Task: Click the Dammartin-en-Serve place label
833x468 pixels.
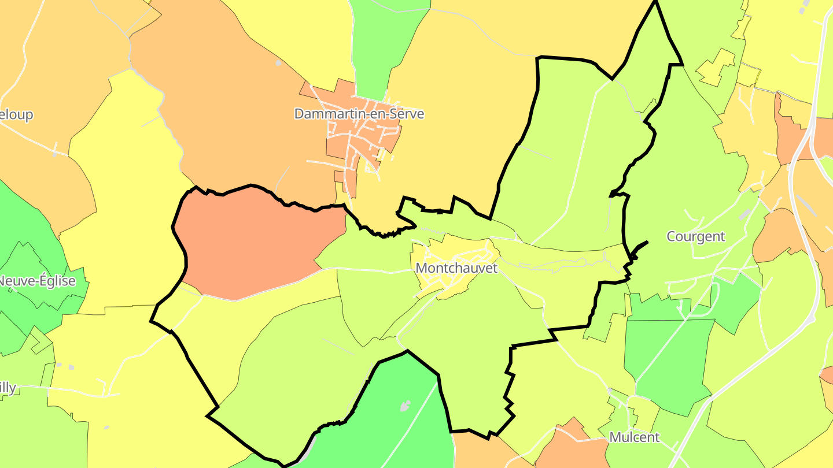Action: coord(359,114)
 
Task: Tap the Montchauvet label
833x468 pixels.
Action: coord(456,268)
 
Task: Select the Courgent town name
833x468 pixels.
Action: coord(695,236)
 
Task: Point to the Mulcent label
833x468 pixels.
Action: coord(634,437)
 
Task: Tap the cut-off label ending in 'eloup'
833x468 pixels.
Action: coord(16,114)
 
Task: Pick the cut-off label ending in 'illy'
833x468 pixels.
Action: coord(8,387)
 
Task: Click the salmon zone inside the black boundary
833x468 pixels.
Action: coord(255,243)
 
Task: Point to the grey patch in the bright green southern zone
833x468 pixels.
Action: coord(406,406)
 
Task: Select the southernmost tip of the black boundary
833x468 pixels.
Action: coord(282,465)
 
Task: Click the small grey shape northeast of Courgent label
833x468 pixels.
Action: coord(744,215)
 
